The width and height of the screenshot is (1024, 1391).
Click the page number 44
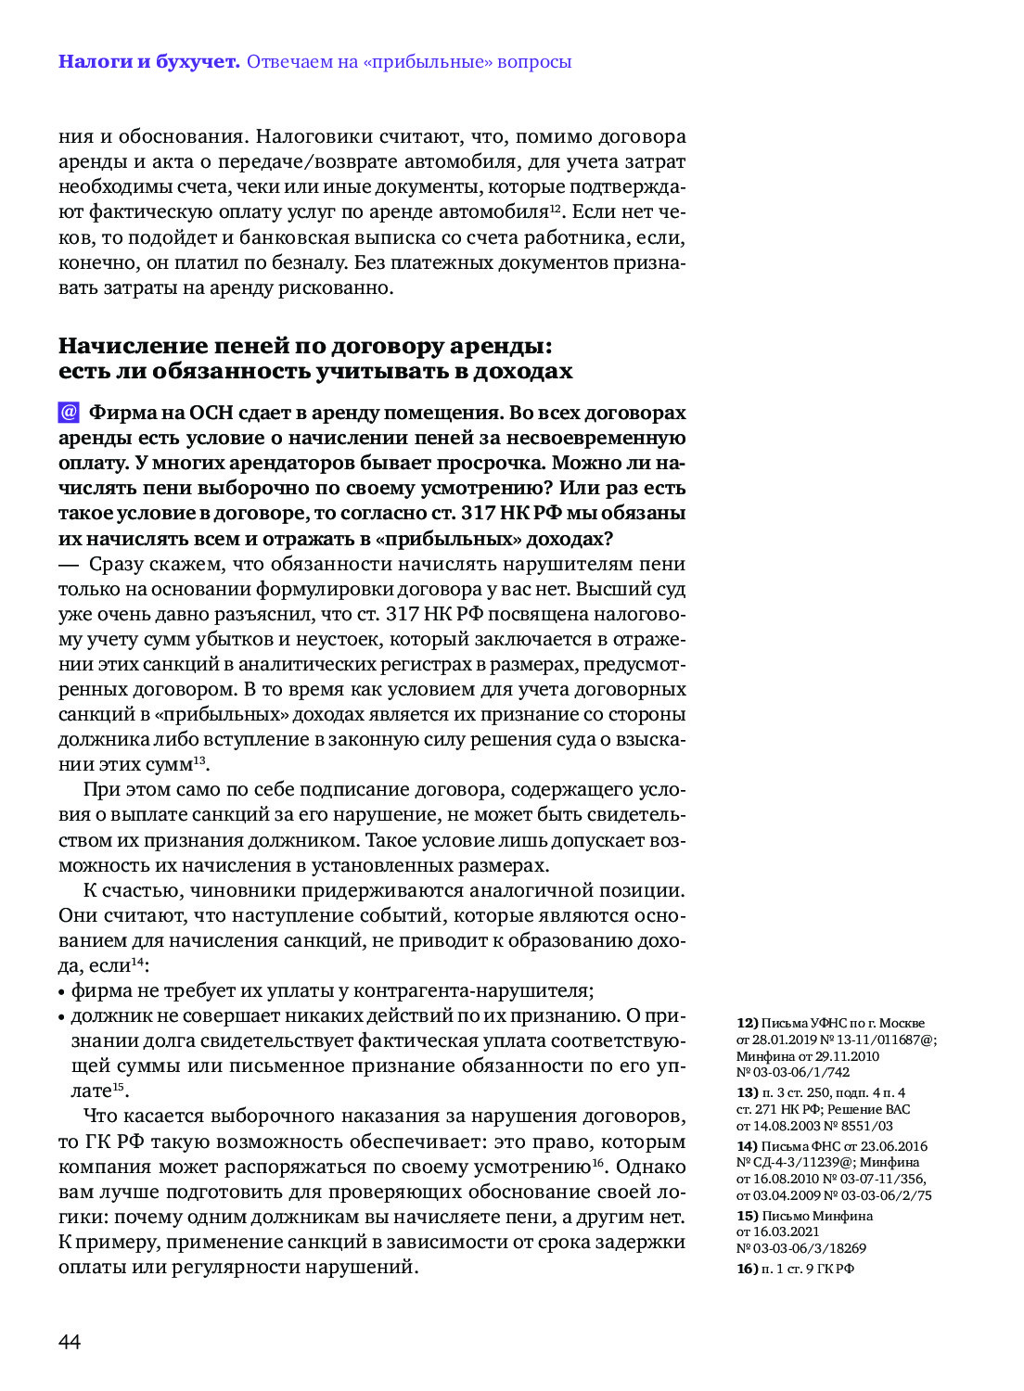(x=70, y=1342)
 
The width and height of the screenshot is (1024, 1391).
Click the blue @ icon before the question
(x=69, y=413)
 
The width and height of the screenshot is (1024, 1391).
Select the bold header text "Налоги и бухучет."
(x=148, y=62)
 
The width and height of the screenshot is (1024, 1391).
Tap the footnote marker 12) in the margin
(x=748, y=1023)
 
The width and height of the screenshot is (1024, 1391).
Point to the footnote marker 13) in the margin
(x=748, y=1092)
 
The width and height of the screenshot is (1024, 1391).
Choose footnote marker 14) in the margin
(x=748, y=1146)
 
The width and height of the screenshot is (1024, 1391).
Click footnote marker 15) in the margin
(x=748, y=1216)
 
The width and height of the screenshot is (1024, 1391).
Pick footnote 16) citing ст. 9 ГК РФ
(x=748, y=1269)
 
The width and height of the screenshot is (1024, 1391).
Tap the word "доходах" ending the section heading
(x=522, y=372)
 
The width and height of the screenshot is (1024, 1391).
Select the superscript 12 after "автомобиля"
(x=555, y=207)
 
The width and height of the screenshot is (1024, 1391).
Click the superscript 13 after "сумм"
(x=199, y=760)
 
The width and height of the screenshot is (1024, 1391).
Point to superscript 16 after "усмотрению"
(x=598, y=1162)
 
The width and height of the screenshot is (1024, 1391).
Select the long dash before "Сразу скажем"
(x=69, y=565)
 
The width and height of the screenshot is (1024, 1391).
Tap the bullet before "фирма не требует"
(x=62, y=992)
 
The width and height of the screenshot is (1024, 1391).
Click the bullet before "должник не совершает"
(x=62, y=1017)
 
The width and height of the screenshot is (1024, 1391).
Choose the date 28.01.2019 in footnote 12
(x=784, y=1040)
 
